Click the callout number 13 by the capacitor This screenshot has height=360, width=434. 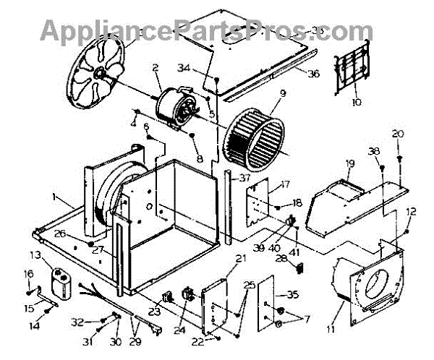(35, 255)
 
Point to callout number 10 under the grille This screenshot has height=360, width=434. (356, 103)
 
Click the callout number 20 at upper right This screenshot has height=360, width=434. (397, 133)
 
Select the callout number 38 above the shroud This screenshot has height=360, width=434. (374, 152)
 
